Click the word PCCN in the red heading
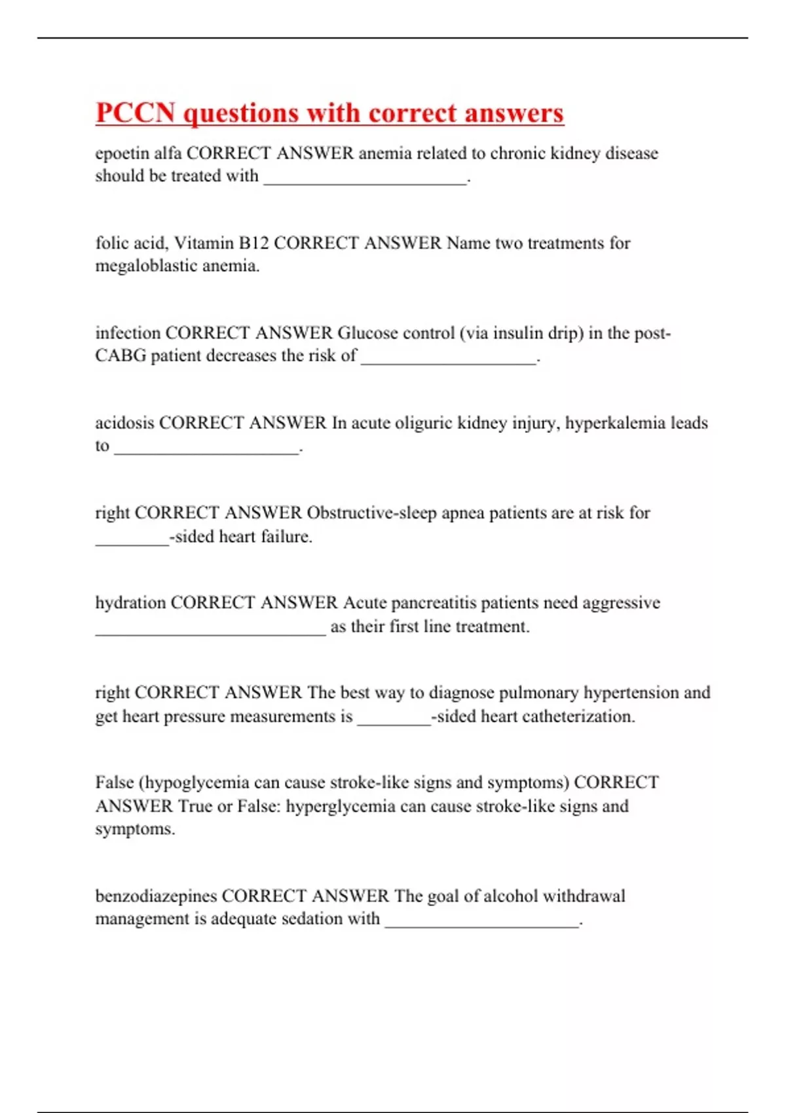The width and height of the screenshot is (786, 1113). tap(135, 113)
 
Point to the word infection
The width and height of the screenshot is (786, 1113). tap(128, 333)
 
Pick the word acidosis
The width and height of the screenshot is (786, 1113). tap(124, 423)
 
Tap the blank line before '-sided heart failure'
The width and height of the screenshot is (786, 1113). tap(132, 541)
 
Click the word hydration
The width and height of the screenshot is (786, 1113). tap(130, 603)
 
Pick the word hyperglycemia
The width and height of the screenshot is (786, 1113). tap(340, 806)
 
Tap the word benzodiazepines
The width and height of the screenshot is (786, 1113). tap(156, 896)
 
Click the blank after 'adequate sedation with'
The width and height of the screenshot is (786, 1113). tap(482, 924)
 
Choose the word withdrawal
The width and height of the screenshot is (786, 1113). tap(584, 896)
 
